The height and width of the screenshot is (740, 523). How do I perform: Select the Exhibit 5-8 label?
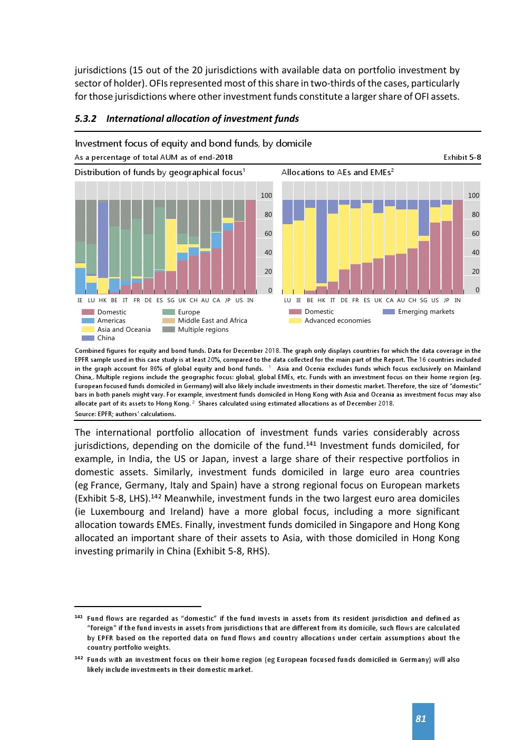[462, 157]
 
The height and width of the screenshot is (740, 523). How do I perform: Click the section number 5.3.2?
[85, 119]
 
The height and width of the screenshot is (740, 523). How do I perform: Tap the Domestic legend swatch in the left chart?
[88, 312]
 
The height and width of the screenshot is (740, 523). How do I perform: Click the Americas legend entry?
[111, 321]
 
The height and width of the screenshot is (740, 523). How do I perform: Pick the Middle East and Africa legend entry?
[212, 321]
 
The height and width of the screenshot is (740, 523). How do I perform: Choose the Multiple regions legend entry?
[203, 330]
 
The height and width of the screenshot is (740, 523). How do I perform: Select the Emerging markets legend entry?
[426, 312]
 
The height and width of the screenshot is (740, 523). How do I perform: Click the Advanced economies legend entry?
[337, 321]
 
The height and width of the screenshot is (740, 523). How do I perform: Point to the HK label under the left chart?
[103, 300]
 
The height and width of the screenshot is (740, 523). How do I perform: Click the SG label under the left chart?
[171, 300]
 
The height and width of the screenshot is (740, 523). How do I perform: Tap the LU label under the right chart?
[287, 300]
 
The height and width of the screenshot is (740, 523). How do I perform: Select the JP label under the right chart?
[447, 300]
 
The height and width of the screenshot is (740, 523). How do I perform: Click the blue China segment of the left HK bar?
[103, 240]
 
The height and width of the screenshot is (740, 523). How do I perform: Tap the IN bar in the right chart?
[458, 247]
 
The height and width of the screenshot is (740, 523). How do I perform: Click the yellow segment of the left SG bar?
[171, 245]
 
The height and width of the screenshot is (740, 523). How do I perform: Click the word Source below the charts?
[85, 414]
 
